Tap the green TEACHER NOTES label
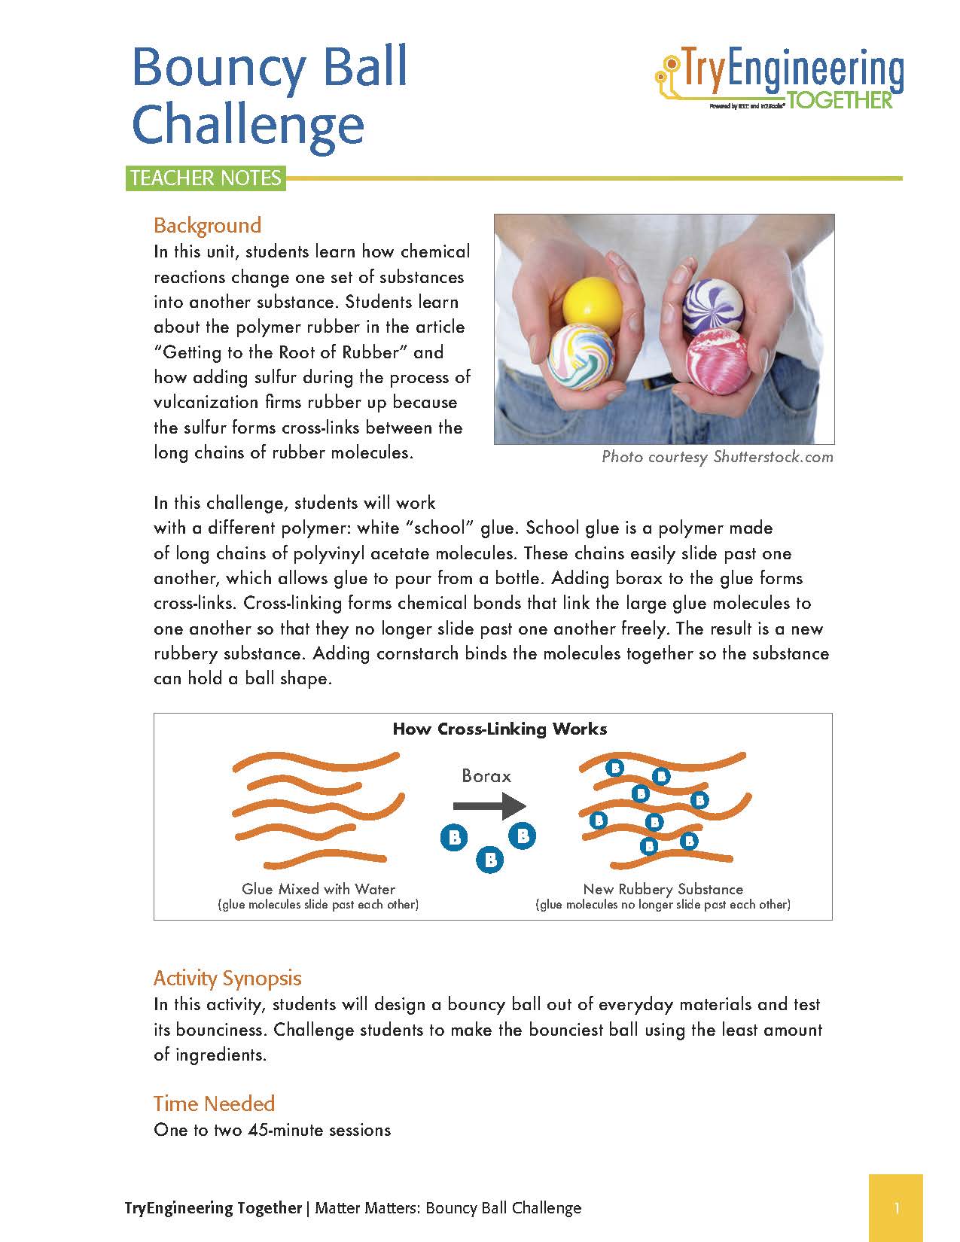tap(206, 178)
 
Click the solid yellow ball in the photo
tap(593, 304)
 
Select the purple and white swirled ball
tap(712, 305)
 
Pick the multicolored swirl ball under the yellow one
tap(581, 358)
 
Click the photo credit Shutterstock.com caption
tap(717, 457)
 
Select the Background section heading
tap(207, 225)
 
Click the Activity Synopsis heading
tap(227, 978)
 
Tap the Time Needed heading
tap(214, 1103)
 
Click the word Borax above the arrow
tap(486, 776)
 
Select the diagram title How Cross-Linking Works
tap(500, 729)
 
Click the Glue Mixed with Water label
tap(318, 889)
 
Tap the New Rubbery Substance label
tap(663, 889)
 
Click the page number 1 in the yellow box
tap(896, 1209)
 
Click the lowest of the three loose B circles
tap(490, 859)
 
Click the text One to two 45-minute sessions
tap(272, 1130)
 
